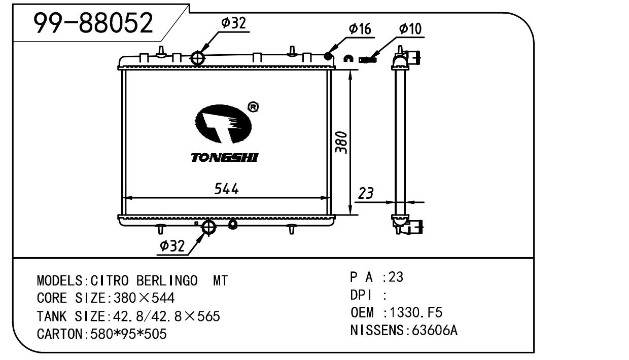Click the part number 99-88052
92,23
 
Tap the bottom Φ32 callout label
172,246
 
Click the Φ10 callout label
410,29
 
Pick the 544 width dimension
226,189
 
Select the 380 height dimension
342,143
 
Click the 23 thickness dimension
366,193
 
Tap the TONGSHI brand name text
224,158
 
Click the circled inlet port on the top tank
197,58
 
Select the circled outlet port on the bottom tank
208,227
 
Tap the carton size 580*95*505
128,334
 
